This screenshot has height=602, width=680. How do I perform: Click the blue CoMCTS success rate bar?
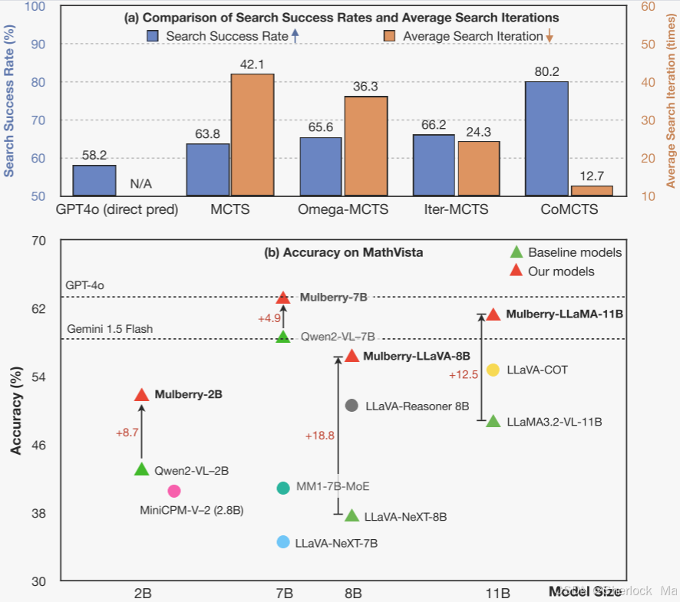[546, 138]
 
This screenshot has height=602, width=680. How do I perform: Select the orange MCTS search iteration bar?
[253, 134]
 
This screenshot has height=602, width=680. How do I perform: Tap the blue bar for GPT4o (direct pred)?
[94, 180]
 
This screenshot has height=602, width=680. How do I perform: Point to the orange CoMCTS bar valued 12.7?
[592, 190]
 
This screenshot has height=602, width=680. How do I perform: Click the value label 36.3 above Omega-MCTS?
[365, 87]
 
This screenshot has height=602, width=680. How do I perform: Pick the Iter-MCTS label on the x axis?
[456, 209]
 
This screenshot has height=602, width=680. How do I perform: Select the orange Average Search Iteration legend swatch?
[389, 36]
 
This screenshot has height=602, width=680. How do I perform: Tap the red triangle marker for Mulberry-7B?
[282, 298]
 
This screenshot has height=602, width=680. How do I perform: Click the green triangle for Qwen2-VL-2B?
[141, 469]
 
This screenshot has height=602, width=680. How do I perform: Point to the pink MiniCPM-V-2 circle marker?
[174, 491]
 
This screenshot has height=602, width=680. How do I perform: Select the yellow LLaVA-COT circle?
[493, 370]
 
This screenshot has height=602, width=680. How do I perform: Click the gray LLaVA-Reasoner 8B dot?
[352, 406]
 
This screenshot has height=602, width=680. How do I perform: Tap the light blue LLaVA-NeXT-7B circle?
[283, 542]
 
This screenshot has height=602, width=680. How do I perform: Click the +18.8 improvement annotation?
[320, 436]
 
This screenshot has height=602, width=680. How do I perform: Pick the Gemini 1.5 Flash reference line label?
[110, 329]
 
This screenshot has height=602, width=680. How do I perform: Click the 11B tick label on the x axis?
[497, 593]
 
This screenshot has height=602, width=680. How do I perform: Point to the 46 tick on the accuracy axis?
[39, 445]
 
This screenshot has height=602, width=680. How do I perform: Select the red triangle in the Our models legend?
[517, 271]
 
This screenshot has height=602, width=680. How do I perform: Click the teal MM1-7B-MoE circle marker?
[283, 488]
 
